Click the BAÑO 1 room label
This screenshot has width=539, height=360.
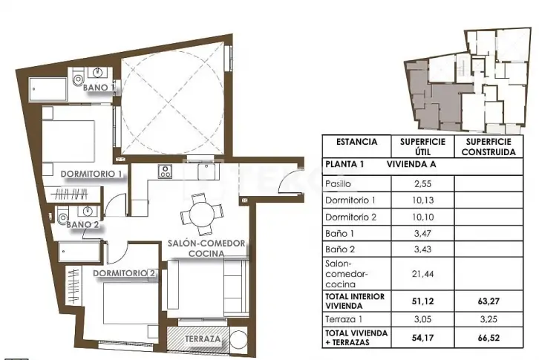tap(98, 88)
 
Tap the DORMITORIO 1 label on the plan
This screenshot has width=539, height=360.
tap(91, 174)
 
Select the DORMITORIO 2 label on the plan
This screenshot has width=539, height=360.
tap(124, 273)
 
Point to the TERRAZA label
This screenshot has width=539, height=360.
tap(203, 338)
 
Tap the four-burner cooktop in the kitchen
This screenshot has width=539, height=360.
tap(165, 171)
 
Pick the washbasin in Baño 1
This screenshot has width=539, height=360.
tap(98, 73)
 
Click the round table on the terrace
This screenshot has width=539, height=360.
tap(238, 340)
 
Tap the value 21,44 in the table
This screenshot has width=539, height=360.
tap(422, 274)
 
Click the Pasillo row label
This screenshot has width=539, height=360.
tap(338, 184)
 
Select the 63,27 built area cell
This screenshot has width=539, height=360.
tap(488, 301)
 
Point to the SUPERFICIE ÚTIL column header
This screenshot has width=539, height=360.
tap(422, 147)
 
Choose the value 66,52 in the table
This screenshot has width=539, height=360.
tap(488, 338)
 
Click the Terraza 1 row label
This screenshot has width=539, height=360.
tap(344, 319)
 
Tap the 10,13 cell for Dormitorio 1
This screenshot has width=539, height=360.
tap(422, 200)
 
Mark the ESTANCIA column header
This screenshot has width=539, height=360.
tap(356, 142)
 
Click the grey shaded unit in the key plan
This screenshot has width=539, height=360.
tap(435, 99)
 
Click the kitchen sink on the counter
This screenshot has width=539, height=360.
tap(206, 171)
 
